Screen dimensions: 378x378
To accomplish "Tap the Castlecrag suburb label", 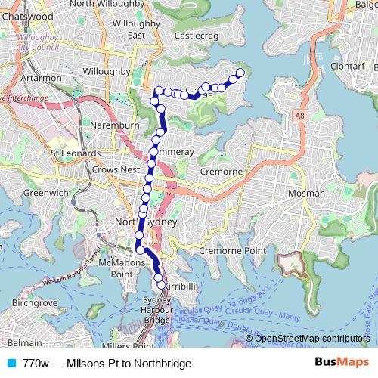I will tap(196, 35).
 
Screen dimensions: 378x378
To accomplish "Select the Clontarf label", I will tap(347, 66).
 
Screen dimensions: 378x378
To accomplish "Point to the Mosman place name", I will tap(307, 194).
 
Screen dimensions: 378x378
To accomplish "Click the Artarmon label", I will tap(36, 78).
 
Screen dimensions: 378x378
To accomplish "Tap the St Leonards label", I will tap(76, 153).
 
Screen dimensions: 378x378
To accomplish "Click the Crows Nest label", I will tap(115, 170).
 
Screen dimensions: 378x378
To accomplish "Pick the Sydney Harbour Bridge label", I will tap(156, 310).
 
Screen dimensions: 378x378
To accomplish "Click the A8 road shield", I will tap(301, 116).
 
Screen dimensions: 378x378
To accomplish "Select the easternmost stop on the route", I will tap(240, 73).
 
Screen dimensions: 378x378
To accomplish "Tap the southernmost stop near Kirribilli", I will tap(160, 286).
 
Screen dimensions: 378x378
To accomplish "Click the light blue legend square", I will tap(10, 363).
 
